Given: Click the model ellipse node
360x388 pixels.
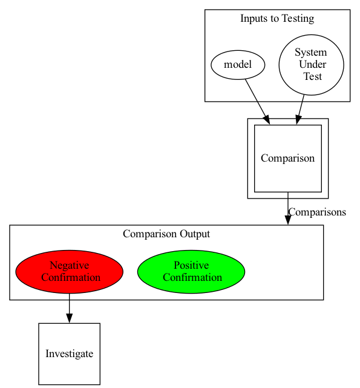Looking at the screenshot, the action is pyautogui.click(x=238, y=65).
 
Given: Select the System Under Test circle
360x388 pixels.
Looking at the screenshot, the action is pyautogui.click(x=311, y=65).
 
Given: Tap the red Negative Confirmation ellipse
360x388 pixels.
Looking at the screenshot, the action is pyautogui.click(x=70, y=272).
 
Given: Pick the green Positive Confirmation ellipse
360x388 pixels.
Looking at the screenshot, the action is pyautogui.click(x=191, y=272).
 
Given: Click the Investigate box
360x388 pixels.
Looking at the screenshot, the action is pyautogui.click(x=70, y=354).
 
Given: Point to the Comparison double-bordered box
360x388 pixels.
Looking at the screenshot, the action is pyautogui.click(x=288, y=159).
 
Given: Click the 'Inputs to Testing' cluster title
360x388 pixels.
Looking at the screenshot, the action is pyautogui.click(x=277, y=19).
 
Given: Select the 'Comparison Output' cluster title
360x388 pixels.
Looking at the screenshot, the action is pyautogui.click(x=166, y=234).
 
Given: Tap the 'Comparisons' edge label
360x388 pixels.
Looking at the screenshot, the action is pyautogui.click(x=317, y=212).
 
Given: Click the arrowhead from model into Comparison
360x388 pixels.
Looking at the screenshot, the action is pyautogui.click(x=267, y=120).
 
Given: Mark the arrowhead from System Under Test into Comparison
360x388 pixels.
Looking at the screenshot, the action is pyautogui.click(x=298, y=120).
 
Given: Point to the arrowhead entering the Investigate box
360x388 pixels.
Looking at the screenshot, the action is pyautogui.click(x=70, y=318).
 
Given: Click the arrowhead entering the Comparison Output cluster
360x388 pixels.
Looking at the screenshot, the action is pyautogui.click(x=288, y=220).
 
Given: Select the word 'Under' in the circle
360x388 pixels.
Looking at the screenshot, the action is pyautogui.click(x=312, y=64).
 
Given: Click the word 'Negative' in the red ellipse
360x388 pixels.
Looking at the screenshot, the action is pyautogui.click(x=70, y=265).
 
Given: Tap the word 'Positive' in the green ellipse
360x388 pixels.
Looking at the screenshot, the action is pyautogui.click(x=191, y=265).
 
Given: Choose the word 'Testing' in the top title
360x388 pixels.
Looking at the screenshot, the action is pyautogui.click(x=298, y=19).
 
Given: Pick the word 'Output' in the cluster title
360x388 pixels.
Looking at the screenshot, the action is pyautogui.click(x=195, y=234).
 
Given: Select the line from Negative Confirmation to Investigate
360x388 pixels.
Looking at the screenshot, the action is pyautogui.click(x=70, y=304).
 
